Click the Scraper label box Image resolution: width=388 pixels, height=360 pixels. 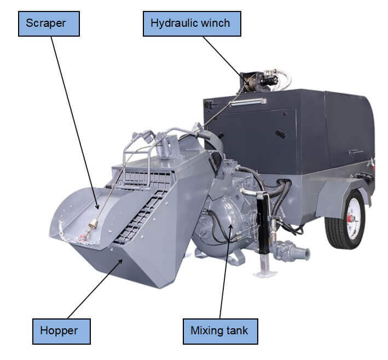pyautogui.click(x=49, y=24)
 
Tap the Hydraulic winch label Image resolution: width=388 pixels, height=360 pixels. pyautogui.click(x=188, y=24)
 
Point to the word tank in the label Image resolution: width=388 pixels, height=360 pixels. pyautogui.click(x=235, y=331)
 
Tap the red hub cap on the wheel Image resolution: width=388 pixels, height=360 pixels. pyautogui.click(x=348, y=218)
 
